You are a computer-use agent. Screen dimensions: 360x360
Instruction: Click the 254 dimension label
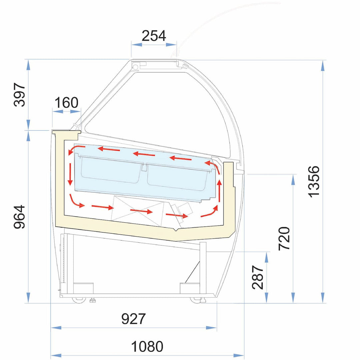click(x=154, y=36)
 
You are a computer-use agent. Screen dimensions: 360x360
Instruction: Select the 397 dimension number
click(x=19, y=95)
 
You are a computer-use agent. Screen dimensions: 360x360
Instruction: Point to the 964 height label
click(x=19, y=217)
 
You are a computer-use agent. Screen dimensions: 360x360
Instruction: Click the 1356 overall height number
click(x=314, y=182)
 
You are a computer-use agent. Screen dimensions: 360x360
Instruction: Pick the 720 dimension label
click(x=284, y=238)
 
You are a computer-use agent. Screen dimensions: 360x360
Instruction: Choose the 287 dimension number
click(x=258, y=277)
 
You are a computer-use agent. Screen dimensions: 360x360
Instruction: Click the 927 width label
click(x=133, y=319)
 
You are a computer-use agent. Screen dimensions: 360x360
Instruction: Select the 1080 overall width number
click(x=147, y=346)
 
